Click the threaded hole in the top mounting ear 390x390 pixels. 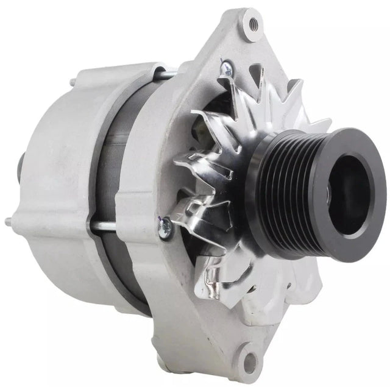point(249,24)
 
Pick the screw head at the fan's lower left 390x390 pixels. point(163,227)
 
